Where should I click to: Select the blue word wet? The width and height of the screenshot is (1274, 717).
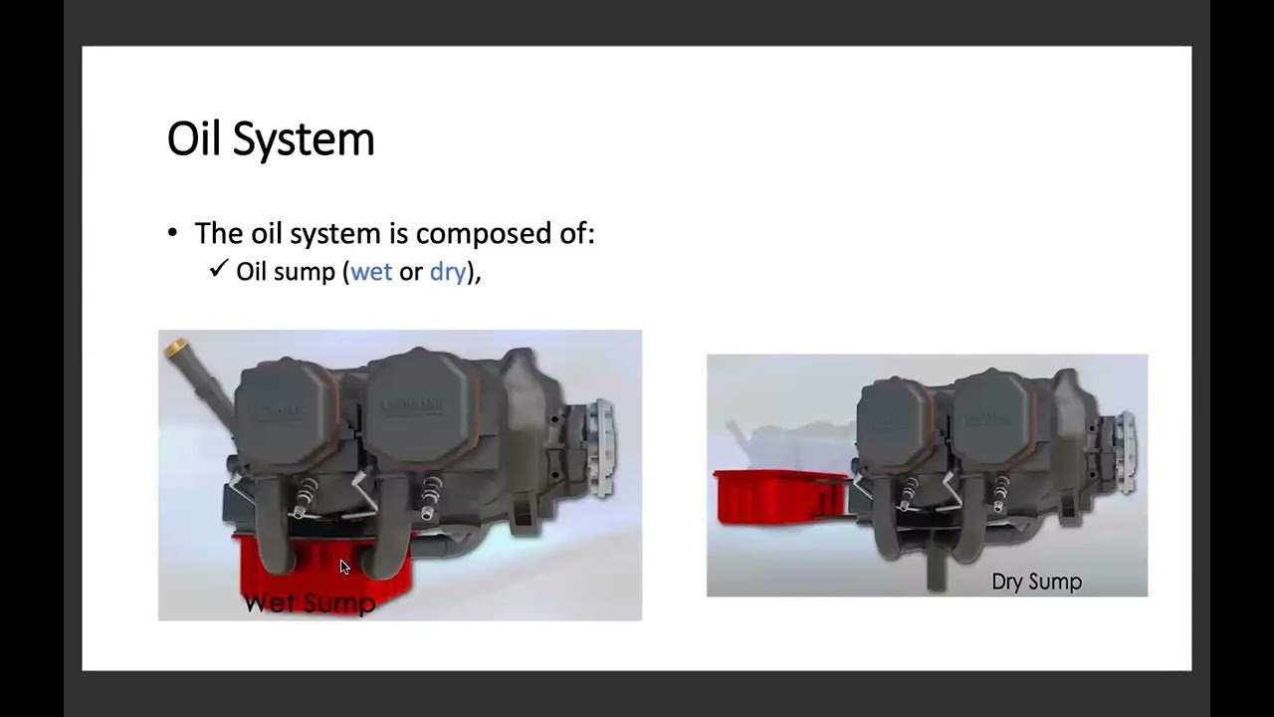pos(371,272)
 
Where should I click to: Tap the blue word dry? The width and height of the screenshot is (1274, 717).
pos(447,272)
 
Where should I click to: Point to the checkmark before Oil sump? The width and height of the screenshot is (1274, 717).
pos(219,270)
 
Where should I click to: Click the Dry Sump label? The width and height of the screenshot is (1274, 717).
pos(1036,582)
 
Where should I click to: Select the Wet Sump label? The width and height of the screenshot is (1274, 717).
pos(310,602)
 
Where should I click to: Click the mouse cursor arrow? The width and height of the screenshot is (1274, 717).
pos(344,568)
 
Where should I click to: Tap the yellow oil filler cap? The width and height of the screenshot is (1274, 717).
pos(176,348)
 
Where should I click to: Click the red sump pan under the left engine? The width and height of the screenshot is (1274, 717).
pos(323,573)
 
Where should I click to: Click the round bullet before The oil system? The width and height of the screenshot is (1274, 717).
pos(173,234)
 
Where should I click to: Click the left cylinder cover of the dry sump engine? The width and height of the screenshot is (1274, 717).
pos(895,419)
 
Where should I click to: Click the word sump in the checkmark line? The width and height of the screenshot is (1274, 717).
pos(311,272)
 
